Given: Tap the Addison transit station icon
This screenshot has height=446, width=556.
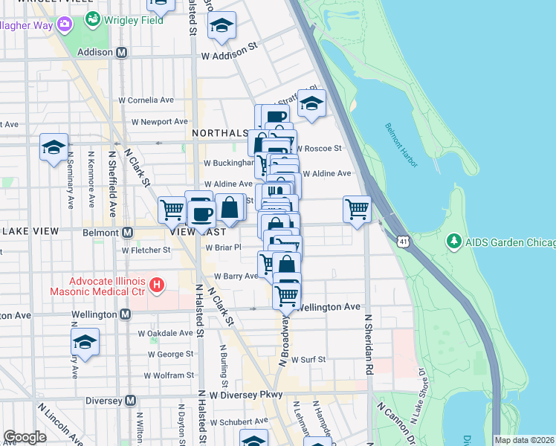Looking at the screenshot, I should point(122,53).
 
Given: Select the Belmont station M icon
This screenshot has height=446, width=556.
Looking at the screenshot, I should point(127,233).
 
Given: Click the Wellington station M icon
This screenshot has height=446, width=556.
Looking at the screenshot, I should point(124,314).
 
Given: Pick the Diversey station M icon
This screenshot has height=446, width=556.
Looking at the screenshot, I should point(130,401).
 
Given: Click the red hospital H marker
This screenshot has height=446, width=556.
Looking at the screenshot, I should point(156,285).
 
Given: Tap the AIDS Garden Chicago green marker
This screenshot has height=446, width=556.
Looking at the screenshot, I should point(453,242).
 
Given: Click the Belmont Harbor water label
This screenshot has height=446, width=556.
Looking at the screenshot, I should point(401,144).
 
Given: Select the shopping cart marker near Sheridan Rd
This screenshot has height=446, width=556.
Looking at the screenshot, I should point(358,209).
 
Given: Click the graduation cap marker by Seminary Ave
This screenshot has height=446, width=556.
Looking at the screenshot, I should point(54,147).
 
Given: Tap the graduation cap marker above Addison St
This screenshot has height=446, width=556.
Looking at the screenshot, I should point(222,26).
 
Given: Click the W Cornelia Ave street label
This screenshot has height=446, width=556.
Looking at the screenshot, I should point(146,100).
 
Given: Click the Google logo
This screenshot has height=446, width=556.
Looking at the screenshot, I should point(25,436).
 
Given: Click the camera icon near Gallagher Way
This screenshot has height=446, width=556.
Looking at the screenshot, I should point(65,25).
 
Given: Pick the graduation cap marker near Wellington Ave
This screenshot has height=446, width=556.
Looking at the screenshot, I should point(85,343).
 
